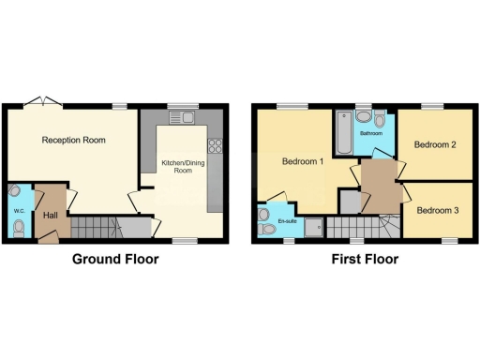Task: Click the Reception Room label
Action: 73,141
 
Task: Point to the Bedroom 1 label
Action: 303,161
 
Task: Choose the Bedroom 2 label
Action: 436,144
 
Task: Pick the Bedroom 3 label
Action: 437,210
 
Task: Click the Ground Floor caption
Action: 115,260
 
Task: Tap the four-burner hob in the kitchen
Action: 214,145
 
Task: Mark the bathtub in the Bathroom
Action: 344,132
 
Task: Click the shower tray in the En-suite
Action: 310,225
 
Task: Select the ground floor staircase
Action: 95,227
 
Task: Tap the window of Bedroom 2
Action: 432,106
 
